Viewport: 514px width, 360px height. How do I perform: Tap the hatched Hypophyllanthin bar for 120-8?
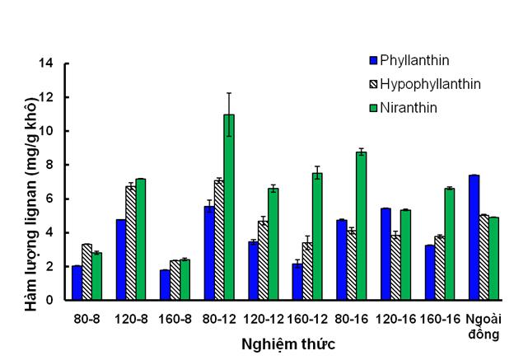pyautogui.click(x=130, y=243)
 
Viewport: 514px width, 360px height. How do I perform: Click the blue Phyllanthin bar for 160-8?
pyautogui.click(x=165, y=285)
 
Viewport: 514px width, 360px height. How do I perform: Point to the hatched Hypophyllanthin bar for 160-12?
pyautogui.click(x=306, y=271)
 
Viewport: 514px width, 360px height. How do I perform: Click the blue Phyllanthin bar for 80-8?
pyautogui.click(x=77, y=283)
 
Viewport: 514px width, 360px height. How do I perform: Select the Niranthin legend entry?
pyautogui.click(x=409, y=107)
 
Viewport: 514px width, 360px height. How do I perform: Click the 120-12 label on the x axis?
pyautogui.click(x=263, y=316)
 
